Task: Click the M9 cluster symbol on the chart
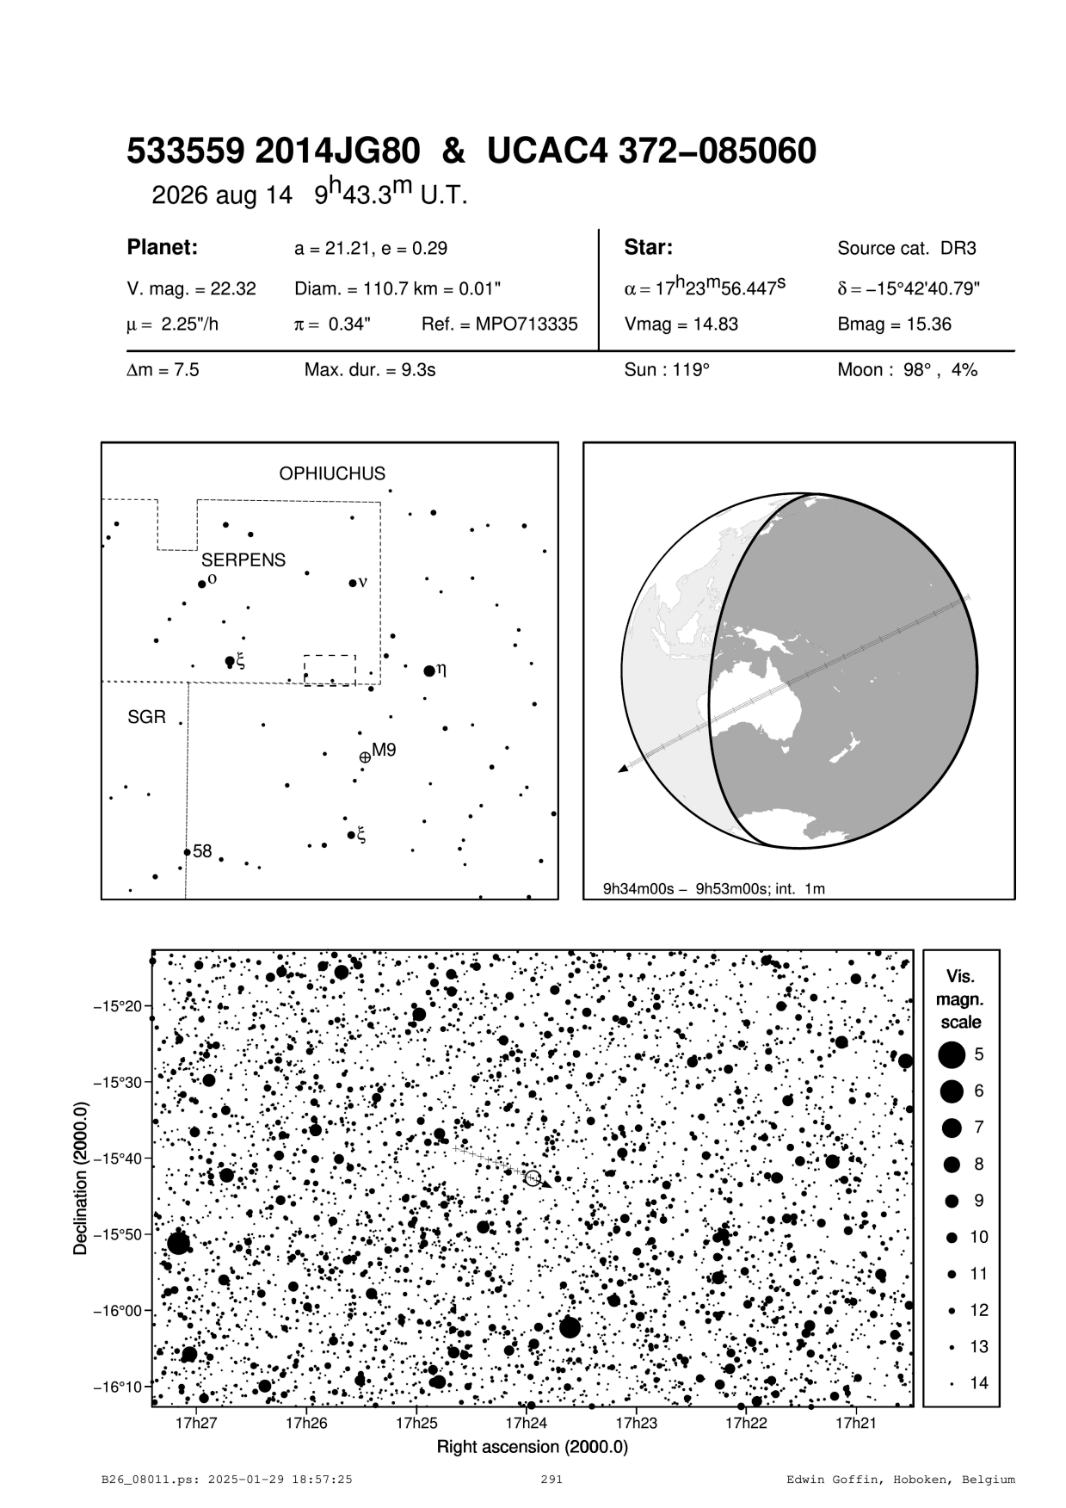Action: tap(365, 757)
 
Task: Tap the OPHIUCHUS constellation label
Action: tap(332, 474)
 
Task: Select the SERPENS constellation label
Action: tap(243, 560)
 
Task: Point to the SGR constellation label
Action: tap(146, 717)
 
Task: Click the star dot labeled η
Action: tap(429, 671)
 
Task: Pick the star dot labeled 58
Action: tap(187, 852)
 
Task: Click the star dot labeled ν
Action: tap(352, 583)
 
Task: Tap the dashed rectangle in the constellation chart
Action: tap(330, 670)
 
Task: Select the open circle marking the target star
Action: tap(533, 1178)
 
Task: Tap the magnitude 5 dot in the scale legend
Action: tap(951, 1054)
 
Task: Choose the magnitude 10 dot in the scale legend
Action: tap(952, 1237)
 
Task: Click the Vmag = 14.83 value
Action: tap(681, 324)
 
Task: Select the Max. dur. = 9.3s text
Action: tap(370, 371)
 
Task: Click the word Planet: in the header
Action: tap(163, 248)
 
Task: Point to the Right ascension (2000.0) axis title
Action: tap(533, 1446)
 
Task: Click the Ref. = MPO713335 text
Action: tap(499, 324)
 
